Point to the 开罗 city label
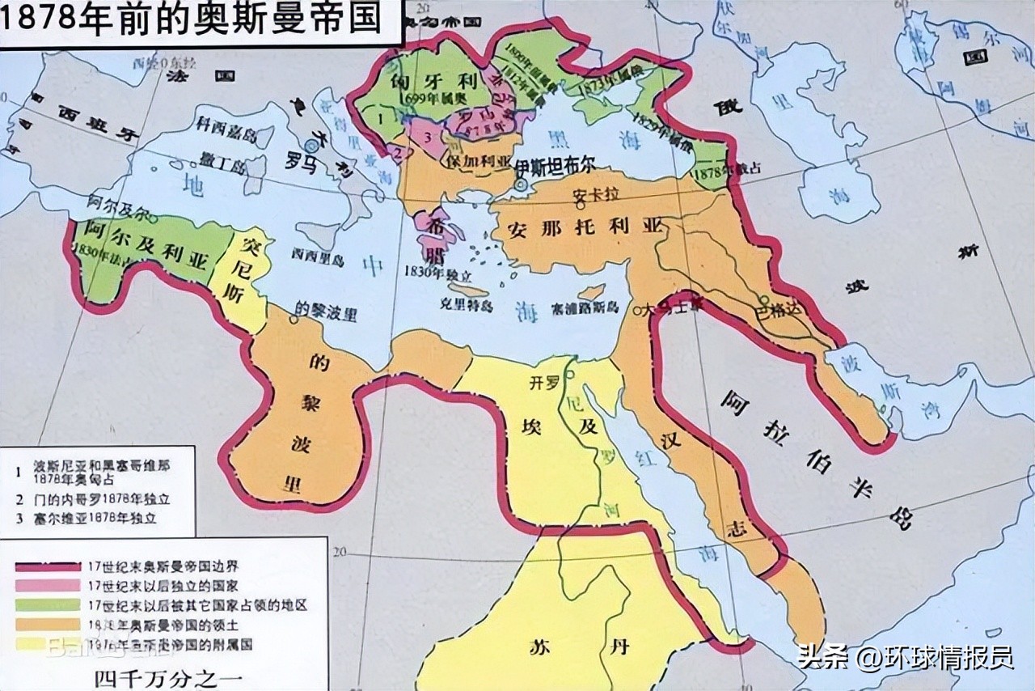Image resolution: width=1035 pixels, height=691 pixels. [x=543, y=383]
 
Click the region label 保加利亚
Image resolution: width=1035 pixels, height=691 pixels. [x=477, y=162]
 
